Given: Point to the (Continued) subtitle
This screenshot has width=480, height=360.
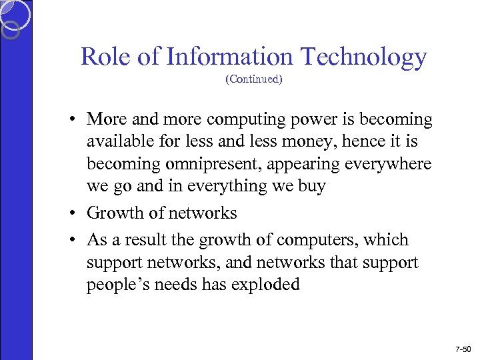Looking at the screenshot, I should pos(253,79).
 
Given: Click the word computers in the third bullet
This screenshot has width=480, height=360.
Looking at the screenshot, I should pos(335,240).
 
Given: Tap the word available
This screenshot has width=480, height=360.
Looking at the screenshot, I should pos(117,141).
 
